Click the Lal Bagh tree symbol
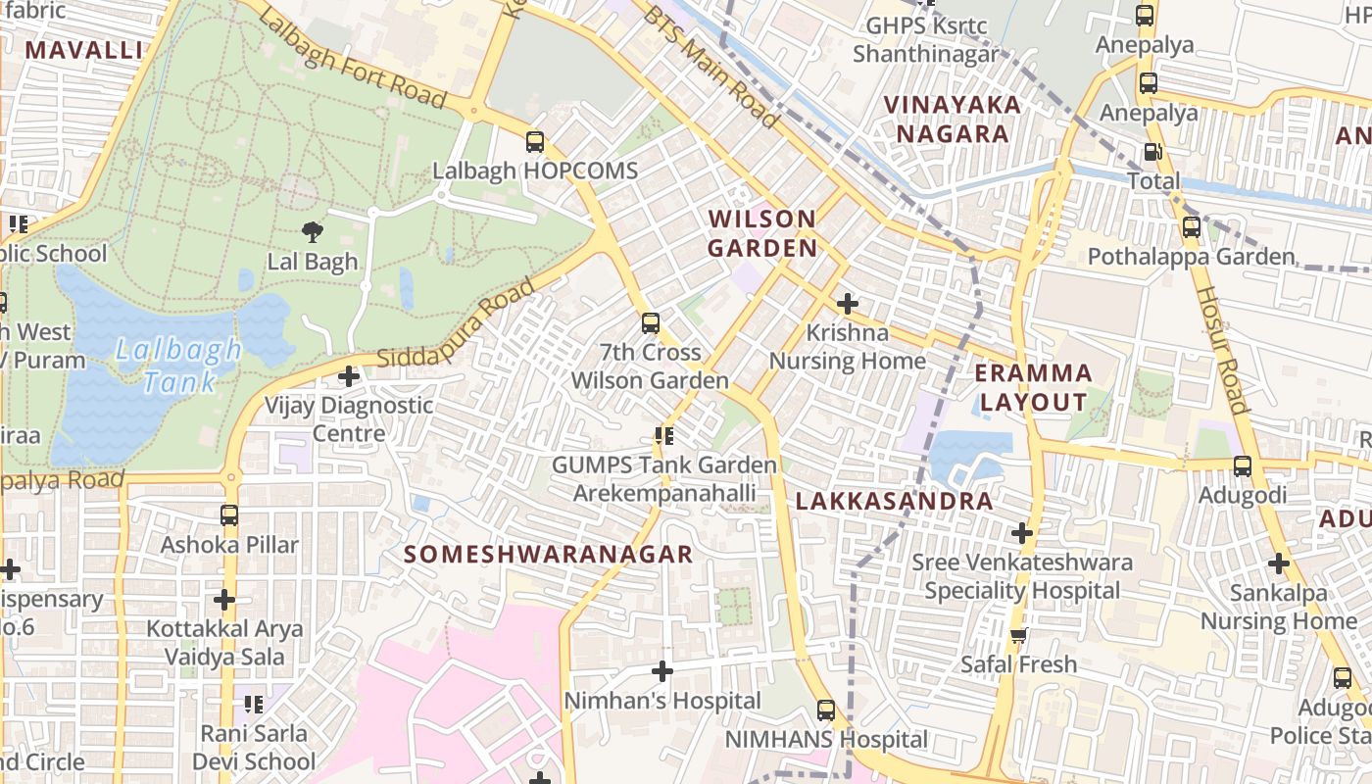[x=313, y=232]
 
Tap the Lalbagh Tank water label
[x=178, y=365]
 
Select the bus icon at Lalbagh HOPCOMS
[x=534, y=142]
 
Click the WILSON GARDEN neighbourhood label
[x=762, y=233]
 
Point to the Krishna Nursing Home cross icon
[x=848, y=304]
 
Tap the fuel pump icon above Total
[x=1153, y=152]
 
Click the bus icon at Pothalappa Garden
[x=1192, y=227]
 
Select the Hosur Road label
[x=1221, y=350]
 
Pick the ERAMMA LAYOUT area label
[x=1034, y=387]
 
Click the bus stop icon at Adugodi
[x=1243, y=466]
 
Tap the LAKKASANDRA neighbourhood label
[x=894, y=502]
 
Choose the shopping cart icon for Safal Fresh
[x=1019, y=635]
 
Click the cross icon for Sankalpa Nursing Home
[x=1278, y=563]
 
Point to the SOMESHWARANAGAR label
[x=549, y=555]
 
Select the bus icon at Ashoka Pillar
[x=229, y=515]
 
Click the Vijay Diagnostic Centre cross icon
[x=348, y=376]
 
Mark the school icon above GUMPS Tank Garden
[x=664, y=435]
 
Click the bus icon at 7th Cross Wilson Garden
[x=650, y=323]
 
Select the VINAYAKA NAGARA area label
[x=952, y=119]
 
